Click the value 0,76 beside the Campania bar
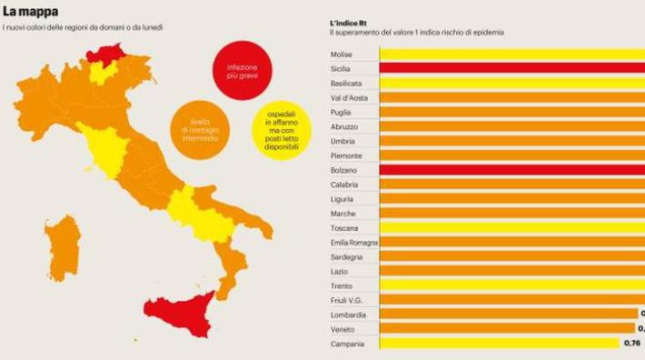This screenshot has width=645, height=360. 633,344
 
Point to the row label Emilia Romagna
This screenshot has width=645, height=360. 354,243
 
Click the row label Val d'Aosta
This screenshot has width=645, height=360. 350,97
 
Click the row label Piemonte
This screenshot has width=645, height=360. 346,155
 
